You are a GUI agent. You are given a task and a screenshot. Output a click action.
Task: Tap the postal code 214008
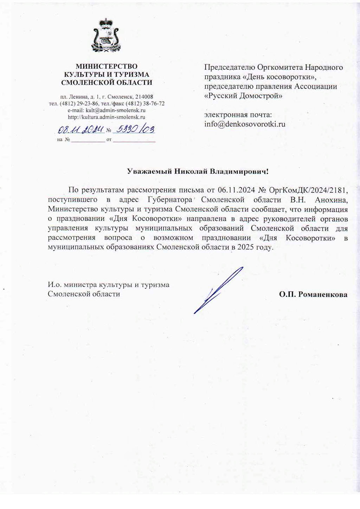[142, 97]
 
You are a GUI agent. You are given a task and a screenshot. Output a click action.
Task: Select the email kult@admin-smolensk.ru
[116, 110]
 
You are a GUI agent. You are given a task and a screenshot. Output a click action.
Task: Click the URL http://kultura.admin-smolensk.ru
[107, 117]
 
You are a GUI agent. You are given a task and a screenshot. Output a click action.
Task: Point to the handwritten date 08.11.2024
[81, 130]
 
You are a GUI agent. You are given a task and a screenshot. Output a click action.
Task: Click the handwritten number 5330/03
[135, 130]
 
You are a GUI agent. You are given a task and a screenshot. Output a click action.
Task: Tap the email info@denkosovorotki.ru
[245, 124]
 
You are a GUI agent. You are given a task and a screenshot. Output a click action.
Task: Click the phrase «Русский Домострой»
[243, 96]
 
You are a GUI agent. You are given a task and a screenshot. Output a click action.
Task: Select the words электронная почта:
[238, 115]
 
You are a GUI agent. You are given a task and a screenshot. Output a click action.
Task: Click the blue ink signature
[218, 290]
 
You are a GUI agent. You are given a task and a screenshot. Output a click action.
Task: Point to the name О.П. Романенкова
[313, 294]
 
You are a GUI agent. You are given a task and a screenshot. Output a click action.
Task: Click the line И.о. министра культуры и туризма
[109, 285]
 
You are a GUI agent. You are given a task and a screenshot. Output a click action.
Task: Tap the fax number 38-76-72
[155, 104]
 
